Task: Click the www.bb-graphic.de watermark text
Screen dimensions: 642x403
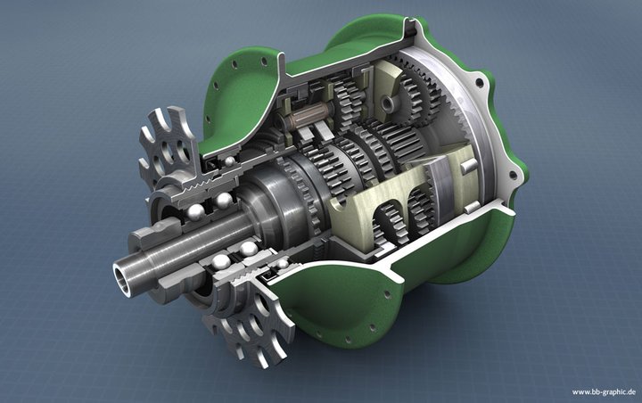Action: (604, 392)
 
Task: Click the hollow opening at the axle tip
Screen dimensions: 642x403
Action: (123, 280)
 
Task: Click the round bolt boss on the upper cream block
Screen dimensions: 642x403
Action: (387, 103)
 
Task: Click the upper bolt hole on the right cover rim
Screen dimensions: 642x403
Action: (479, 84)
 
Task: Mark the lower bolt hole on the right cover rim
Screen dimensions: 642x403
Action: (512, 176)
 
